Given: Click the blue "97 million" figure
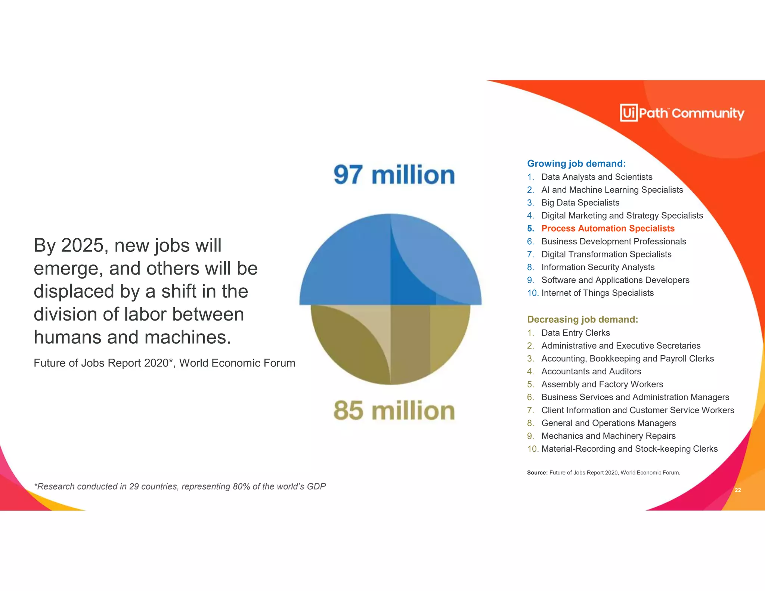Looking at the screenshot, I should point(394,175).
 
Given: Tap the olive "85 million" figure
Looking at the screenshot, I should point(394,411).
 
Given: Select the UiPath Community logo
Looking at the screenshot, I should point(682,112).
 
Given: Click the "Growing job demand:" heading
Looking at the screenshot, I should point(576,164).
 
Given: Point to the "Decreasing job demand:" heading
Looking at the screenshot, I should point(582,319).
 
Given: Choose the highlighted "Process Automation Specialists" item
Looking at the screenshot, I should point(608,228).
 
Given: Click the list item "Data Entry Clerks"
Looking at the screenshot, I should point(575,333).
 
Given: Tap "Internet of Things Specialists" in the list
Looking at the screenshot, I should point(597,293).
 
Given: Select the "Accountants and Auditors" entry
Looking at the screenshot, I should point(591,371).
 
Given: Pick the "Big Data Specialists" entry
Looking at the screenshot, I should point(580,202).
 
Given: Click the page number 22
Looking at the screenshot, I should point(738,490).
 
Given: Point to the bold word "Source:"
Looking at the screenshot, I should point(537,473).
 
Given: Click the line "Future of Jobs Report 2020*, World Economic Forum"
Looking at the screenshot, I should point(164,363).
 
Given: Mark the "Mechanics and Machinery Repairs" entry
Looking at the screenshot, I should point(608,436).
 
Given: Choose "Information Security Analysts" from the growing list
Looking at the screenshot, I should point(598,267).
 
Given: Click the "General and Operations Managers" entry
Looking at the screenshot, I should point(608,423).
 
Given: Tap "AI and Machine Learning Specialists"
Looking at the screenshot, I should point(612,190).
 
